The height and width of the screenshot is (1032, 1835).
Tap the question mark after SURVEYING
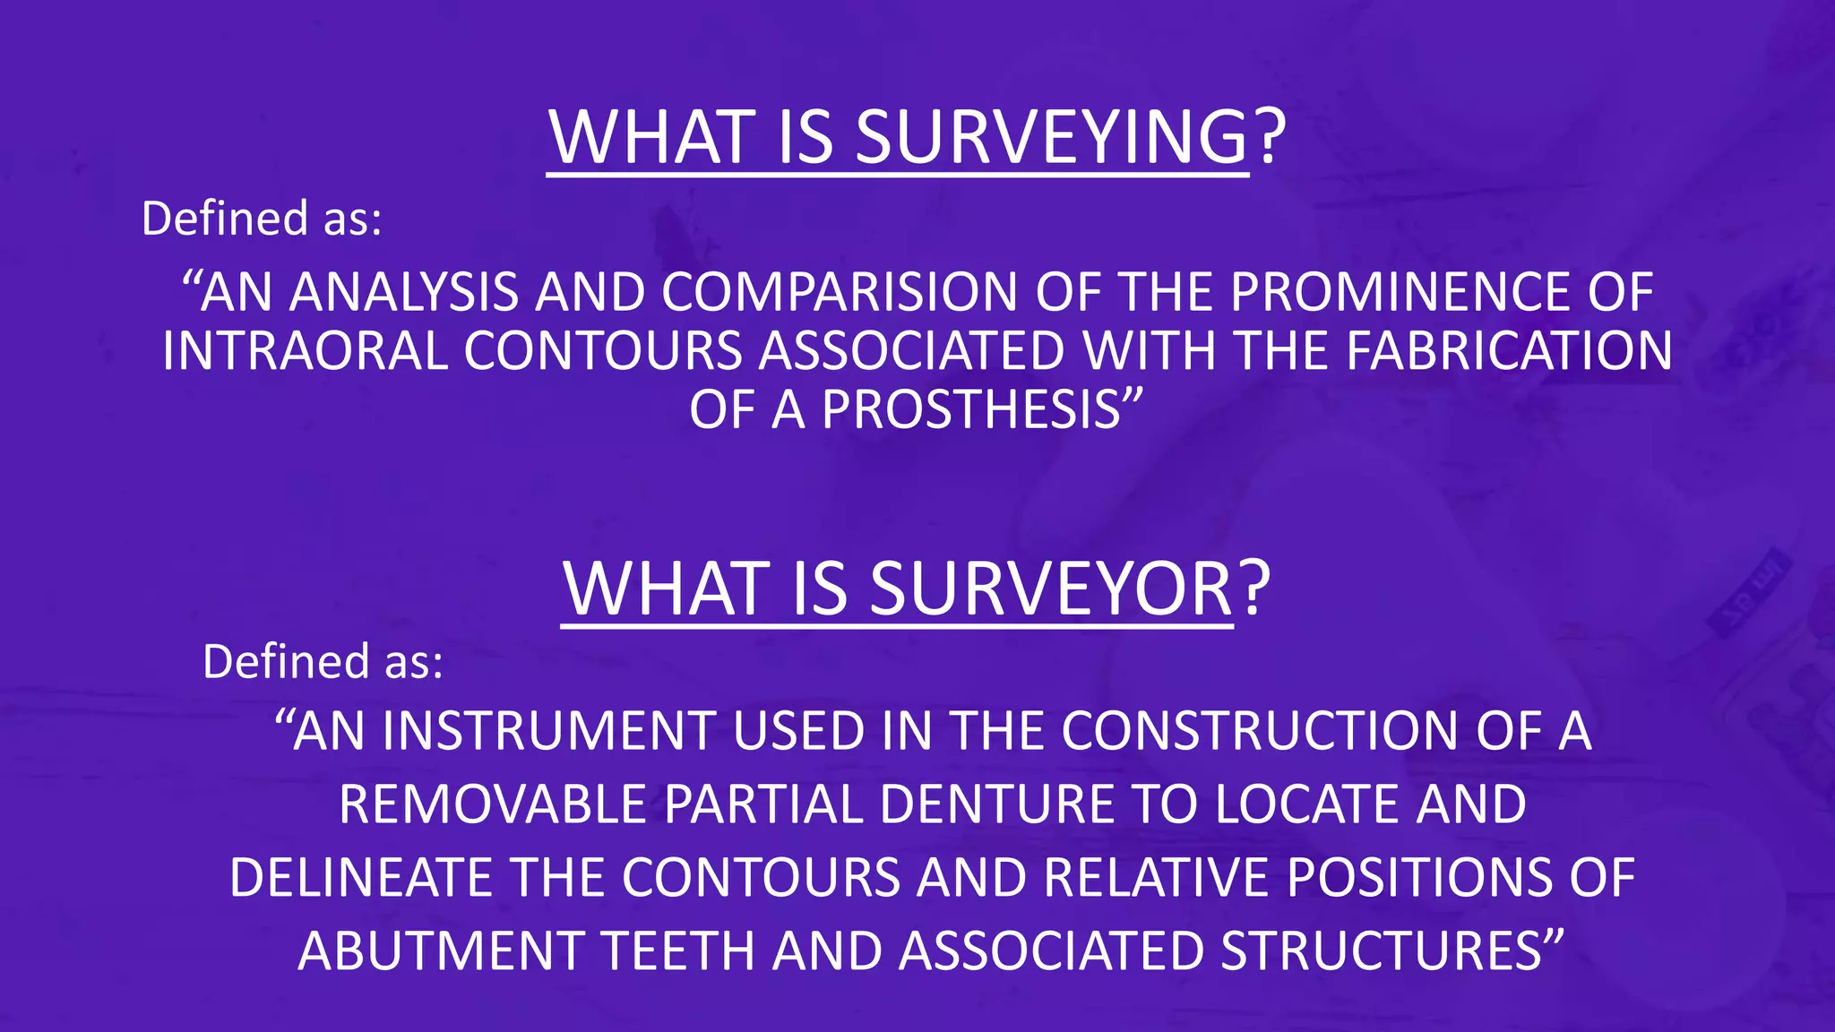point(1269,138)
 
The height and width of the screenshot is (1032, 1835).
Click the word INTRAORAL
point(305,351)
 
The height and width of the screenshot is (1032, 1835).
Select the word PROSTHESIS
point(971,410)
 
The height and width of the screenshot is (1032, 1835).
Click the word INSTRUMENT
point(548,732)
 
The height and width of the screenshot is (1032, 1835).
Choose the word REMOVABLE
point(493,804)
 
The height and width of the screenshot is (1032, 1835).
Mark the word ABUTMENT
point(440,951)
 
